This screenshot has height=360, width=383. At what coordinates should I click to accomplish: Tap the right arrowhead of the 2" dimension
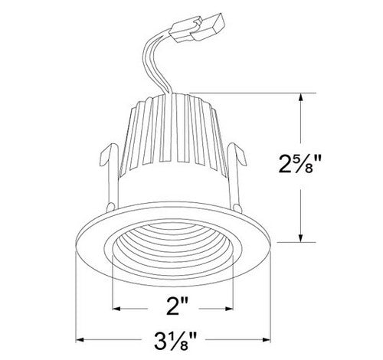[x=231, y=309]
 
